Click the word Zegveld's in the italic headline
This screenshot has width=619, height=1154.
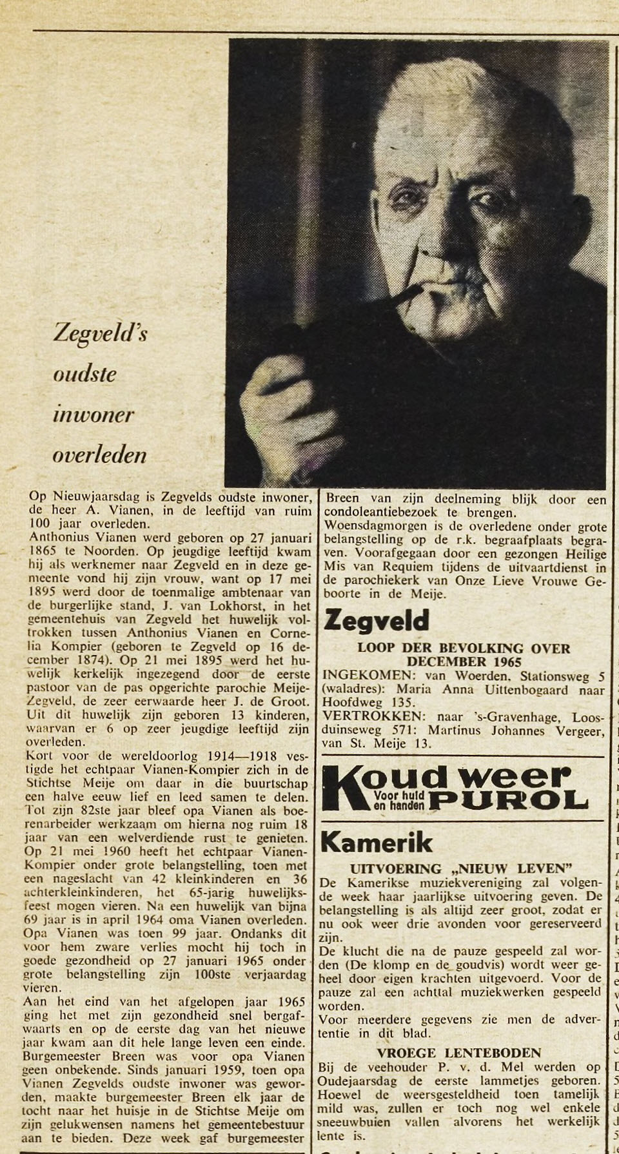(x=101, y=333)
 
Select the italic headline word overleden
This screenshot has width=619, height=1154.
(x=99, y=455)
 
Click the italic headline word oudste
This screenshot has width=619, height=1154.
(x=84, y=375)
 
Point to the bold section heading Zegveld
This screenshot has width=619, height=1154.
(x=376, y=620)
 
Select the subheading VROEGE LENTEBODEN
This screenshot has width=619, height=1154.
(x=458, y=1053)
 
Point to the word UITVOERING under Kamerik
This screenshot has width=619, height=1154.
(x=395, y=868)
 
